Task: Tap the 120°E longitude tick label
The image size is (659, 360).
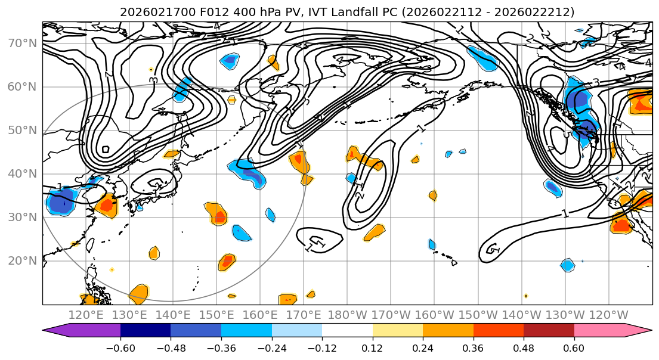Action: point(86,315)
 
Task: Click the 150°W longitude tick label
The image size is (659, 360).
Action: point(478,315)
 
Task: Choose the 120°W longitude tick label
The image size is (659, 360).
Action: point(609,315)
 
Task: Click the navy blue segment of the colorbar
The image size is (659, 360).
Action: point(146,331)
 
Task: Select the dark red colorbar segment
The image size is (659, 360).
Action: point(549,331)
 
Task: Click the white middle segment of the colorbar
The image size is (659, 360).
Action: point(347,331)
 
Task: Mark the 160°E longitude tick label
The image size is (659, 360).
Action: point(260,315)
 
